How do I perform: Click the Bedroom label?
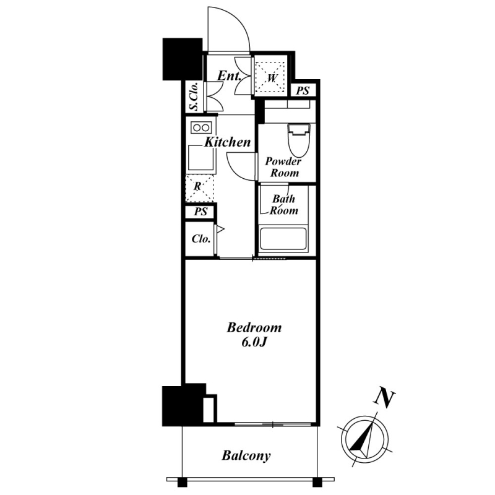(254, 328)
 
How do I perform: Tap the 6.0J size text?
(254, 343)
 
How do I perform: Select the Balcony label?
(246, 456)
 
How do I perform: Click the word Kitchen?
(228, 142)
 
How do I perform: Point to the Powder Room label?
(284, 167)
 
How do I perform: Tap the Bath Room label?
(284, 205)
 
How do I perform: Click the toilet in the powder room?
(298, 140)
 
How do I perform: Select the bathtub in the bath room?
(283, 239)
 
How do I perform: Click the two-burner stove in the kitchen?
(202, 128)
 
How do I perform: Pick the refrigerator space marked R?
(199, 188)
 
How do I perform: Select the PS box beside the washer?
(303, 91)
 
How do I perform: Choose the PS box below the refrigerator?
(201, 211)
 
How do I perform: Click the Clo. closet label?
(201, 239)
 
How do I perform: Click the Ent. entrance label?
(230, 76)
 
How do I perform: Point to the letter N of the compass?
(384, 399)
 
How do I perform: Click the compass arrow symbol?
(364, 440)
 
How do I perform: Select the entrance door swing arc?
(229, 28)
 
